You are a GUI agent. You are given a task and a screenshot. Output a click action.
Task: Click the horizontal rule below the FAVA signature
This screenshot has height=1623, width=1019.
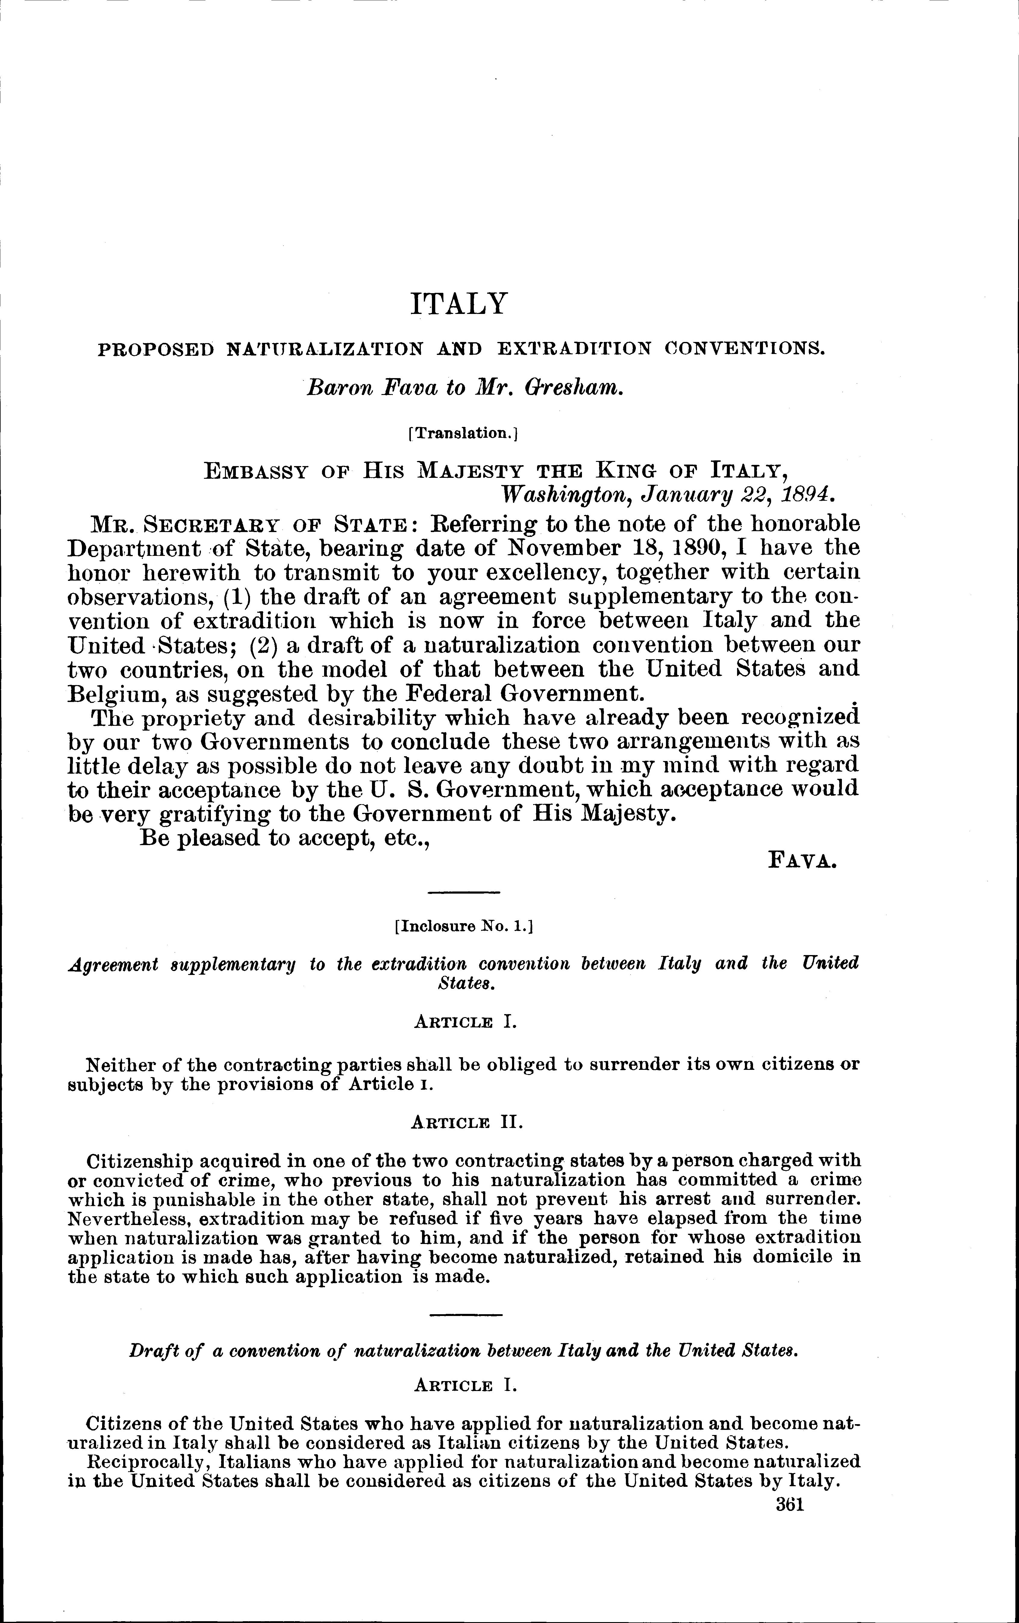464,893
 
